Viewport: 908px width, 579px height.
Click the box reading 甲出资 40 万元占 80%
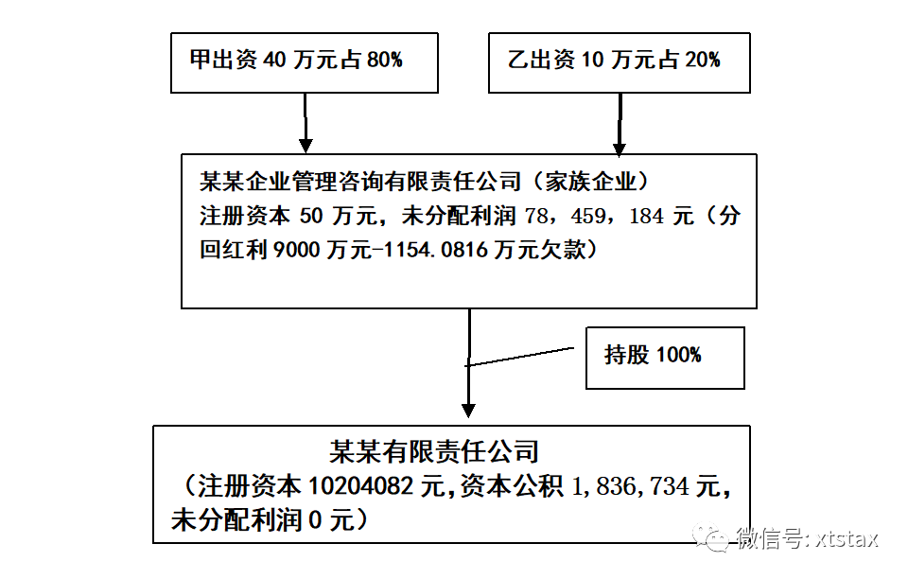304,62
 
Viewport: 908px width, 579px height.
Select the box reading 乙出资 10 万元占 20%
619,62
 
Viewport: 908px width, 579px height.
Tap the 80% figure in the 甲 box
385,60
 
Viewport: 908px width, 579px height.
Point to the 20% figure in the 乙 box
703,60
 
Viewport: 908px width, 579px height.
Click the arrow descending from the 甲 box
306,123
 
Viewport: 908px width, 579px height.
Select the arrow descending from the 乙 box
619,125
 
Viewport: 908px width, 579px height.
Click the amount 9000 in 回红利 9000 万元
296,250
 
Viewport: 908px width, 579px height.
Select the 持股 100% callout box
665,358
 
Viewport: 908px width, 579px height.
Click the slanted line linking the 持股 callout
519,357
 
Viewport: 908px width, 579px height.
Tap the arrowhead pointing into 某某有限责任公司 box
468,411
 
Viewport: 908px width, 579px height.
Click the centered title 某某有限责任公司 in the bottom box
434,451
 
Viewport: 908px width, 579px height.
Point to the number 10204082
360,486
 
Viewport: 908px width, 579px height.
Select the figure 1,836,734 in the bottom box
630,486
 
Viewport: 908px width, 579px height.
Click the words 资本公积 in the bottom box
512,486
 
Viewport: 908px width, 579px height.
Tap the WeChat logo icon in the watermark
710,538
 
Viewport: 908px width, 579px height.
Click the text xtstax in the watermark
846,539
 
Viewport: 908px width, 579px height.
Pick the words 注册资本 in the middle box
244,216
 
